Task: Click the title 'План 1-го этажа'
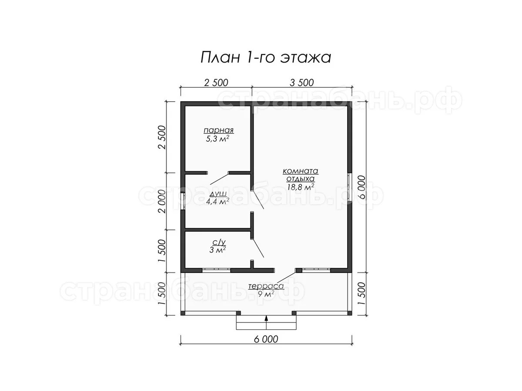pos(266,58)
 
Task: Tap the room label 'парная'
pos(218,130)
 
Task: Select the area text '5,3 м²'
pos(217,139)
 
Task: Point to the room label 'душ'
pos(218,194)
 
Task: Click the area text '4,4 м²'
pos(217,201)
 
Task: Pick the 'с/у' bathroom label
pos(219,242)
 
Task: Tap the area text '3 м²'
pos(217,250)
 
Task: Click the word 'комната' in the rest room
pos(300,171)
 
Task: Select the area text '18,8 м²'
pos(301,187)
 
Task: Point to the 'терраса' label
pos(266,286)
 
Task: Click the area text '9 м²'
pos(266,294)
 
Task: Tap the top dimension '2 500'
pos(216,83)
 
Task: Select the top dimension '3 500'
pos(302,83)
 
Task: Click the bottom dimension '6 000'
pos(266,339)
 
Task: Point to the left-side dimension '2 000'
pos(162,201)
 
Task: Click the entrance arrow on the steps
pos(266,322)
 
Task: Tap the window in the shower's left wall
pos(183,201)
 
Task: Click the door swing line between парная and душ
pos(219,179)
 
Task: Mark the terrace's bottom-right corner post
pos(350,313)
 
